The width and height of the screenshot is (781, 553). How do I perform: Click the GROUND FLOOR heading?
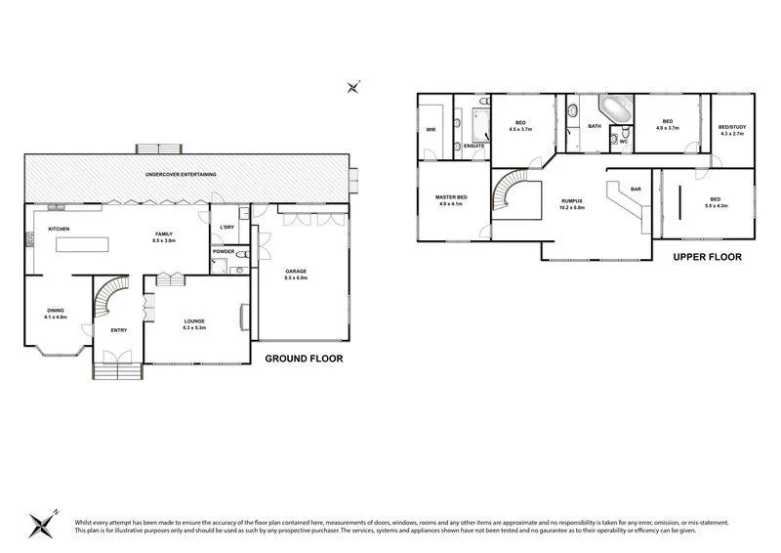(x=304, y=359)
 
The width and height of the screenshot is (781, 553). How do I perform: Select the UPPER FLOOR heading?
(x=708, y=257)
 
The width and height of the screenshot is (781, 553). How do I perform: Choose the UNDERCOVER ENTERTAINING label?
(x=181, y=174)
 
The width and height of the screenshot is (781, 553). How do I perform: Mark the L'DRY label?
(x=227, y=227)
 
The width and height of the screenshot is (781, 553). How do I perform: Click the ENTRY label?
(x=118, y=330)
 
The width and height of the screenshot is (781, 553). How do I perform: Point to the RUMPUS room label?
(x=571, y=202)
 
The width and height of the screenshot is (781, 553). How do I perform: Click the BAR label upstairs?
(x=636, y=189)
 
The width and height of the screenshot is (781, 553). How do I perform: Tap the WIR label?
(x=431, y=129)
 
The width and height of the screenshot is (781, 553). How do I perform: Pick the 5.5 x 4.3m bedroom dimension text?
(x=722, y=206)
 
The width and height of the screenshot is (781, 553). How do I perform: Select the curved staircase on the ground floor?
(x=111, y=297)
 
